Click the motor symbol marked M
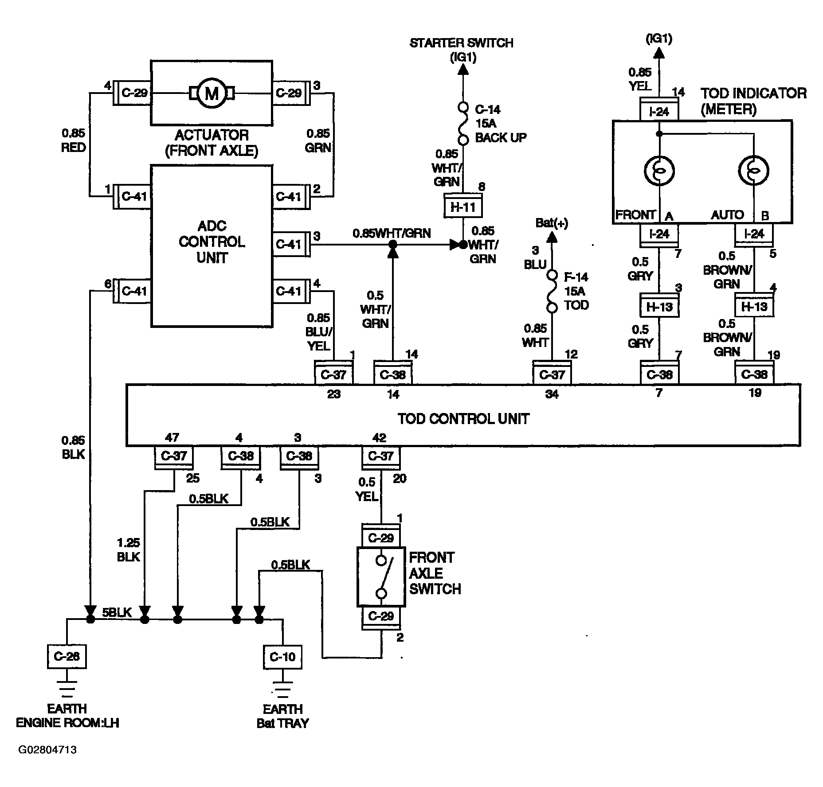(x=212, y=93)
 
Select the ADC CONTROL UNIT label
(x=212, y=242)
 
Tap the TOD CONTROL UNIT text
(x=463, y=419)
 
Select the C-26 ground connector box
(x=67, y=656)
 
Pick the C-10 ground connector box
(x=282, y=656)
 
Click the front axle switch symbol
(x=381, y=577)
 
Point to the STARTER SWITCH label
(x=462, y=43)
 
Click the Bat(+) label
(x=552, y=222)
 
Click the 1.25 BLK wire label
(x=129, y=549)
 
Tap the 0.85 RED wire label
(x=74, y=140)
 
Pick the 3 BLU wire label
(x=535, y=257)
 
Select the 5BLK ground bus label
(x=117, y=612)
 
